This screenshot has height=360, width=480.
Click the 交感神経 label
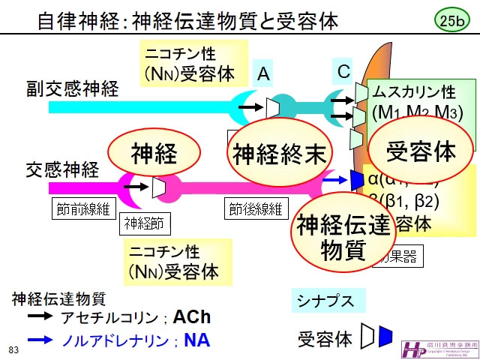pyautogui.click(x=63, y=169)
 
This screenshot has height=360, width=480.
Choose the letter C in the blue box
pyautogui.click(x=343, y=71)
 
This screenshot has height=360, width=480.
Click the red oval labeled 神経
pyautogui.click(x=154, y=154)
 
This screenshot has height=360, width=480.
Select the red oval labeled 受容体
pyautogui.click(x=421, y=151)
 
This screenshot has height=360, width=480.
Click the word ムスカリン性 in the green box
pyautogui.click(x=414, y=92)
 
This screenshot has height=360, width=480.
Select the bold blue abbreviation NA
pyautogui.click(x=196, y=340)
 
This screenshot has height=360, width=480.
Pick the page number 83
pyautogui.click(x=13, y=349)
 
